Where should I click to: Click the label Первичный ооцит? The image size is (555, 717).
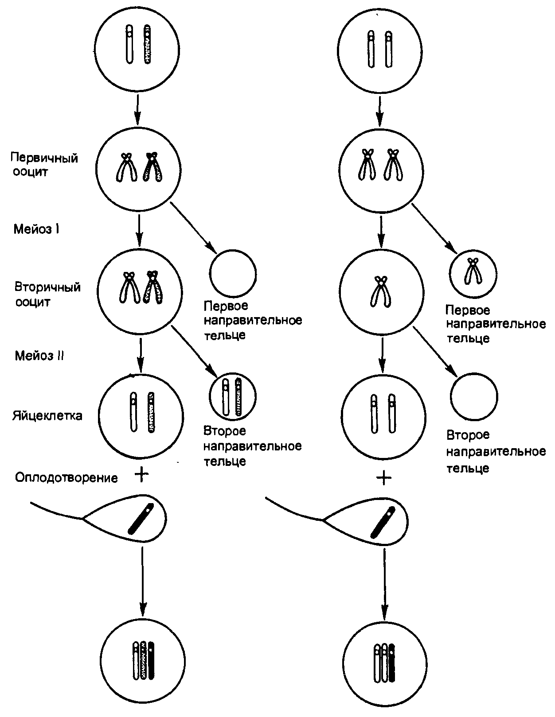[x=44, y=165]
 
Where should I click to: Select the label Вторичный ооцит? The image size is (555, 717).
[x=47, y=295]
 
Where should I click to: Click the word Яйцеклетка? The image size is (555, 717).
[x=47, y=416]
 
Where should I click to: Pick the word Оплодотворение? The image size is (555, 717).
[x=66, y=478]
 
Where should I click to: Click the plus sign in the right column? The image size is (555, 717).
[x=384, y=477]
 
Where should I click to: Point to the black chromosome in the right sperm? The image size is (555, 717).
[x=383, y=521]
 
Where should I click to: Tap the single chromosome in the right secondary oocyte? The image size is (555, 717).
[x=380, y=292]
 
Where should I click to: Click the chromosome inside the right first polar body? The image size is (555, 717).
[x=473, y=271]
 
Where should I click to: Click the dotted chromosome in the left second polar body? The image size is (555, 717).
[x=239, y=396]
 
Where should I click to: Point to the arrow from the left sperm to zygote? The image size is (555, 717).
[x=142, y=580]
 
